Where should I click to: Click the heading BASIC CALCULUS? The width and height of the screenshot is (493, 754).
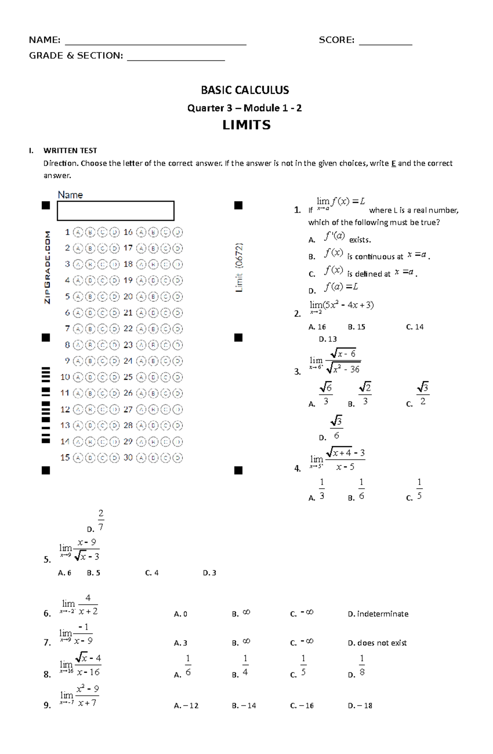[245, 90]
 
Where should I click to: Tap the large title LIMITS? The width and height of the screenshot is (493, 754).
[246, 125]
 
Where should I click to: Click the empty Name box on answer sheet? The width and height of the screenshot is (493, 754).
[115, 211]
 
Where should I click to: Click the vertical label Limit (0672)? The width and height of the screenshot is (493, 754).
[240, 267]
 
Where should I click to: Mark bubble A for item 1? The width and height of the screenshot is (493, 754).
[78, 233]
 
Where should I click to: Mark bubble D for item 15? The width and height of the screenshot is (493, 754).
[115, 458]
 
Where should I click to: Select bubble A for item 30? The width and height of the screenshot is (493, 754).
[141, 458]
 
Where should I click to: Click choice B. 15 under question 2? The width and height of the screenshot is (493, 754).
[356, 327]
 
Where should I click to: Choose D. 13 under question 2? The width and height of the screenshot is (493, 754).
[327, 339]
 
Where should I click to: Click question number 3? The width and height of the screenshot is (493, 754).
[297, 372]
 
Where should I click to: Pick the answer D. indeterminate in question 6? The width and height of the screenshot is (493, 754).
[378, 614]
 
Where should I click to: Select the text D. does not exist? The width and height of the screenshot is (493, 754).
[377, 643]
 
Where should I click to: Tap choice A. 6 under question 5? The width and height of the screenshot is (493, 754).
[65, 573]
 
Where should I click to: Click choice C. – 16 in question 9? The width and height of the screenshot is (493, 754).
[302, 706]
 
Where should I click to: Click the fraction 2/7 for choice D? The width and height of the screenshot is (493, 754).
[101, 520]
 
